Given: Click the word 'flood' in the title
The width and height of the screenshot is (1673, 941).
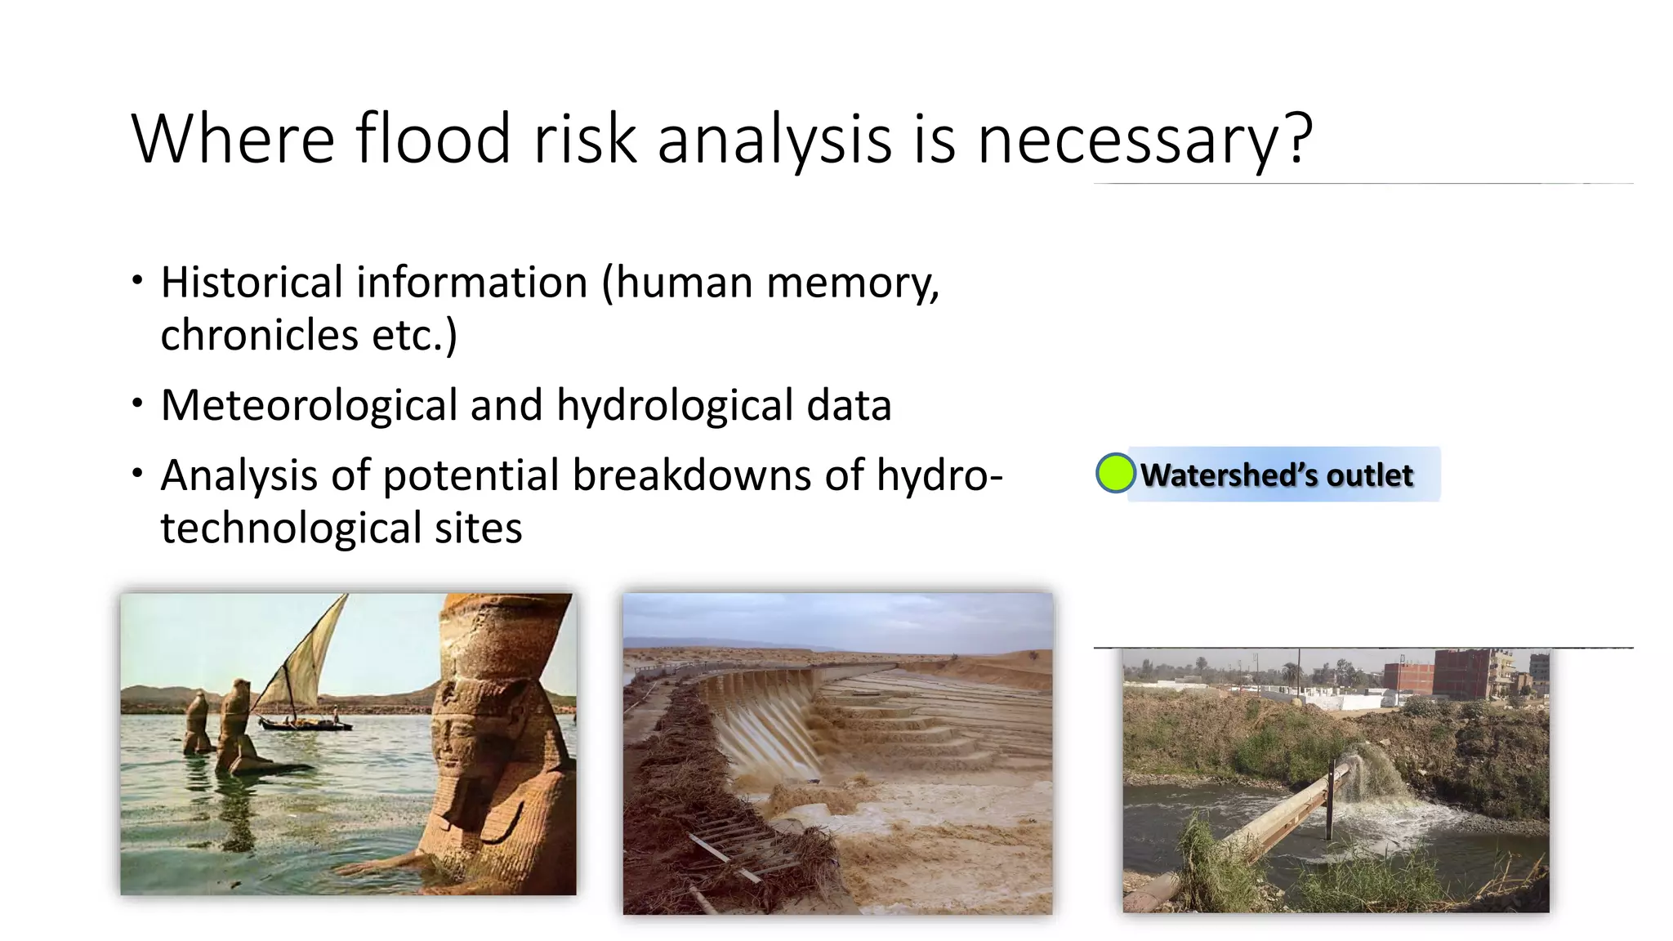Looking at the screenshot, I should (x=433, y=139).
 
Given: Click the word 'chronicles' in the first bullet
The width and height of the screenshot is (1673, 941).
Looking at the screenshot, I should (x=259, y=335).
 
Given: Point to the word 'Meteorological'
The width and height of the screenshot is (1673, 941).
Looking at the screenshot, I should (x=309, y=405).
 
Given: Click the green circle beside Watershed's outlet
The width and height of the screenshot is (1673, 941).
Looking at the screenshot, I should (x=1114, y=473).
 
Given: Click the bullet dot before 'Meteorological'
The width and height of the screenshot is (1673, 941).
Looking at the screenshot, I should (x=137, y=403).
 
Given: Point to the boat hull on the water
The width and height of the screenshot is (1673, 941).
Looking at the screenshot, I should (x=302, y=725).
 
